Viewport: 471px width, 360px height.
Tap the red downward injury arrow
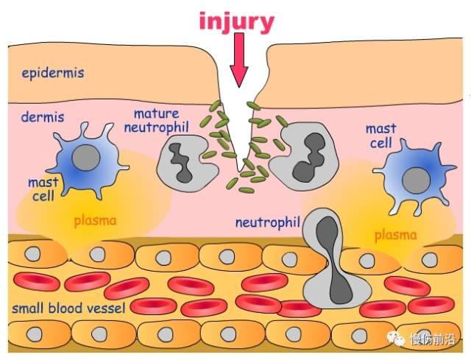click(239, 60)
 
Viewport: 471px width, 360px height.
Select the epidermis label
click(53, 73)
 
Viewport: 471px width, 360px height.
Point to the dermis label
click(43, 117)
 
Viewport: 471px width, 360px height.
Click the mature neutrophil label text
click(157, 121)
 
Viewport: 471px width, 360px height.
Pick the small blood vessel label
click(68, 308)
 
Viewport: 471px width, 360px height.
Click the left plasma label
click(95, 221)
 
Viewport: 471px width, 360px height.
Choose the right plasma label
click(396, 236)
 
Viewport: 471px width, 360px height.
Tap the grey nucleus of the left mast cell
click(86, 158)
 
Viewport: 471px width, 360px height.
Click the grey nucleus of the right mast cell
click(417, 180)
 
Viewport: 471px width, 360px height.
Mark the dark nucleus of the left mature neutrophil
click(181, 162)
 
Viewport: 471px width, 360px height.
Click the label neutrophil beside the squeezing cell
click(268, 222)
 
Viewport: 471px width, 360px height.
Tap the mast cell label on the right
click(381, 136)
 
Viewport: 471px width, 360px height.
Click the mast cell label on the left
click(43, 189)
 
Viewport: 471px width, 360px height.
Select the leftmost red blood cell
click(37, 282)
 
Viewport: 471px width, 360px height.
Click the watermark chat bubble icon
click(395, 339)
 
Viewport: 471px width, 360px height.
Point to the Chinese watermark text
click(433, 339)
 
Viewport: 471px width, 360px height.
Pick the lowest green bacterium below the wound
click(247, 190)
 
